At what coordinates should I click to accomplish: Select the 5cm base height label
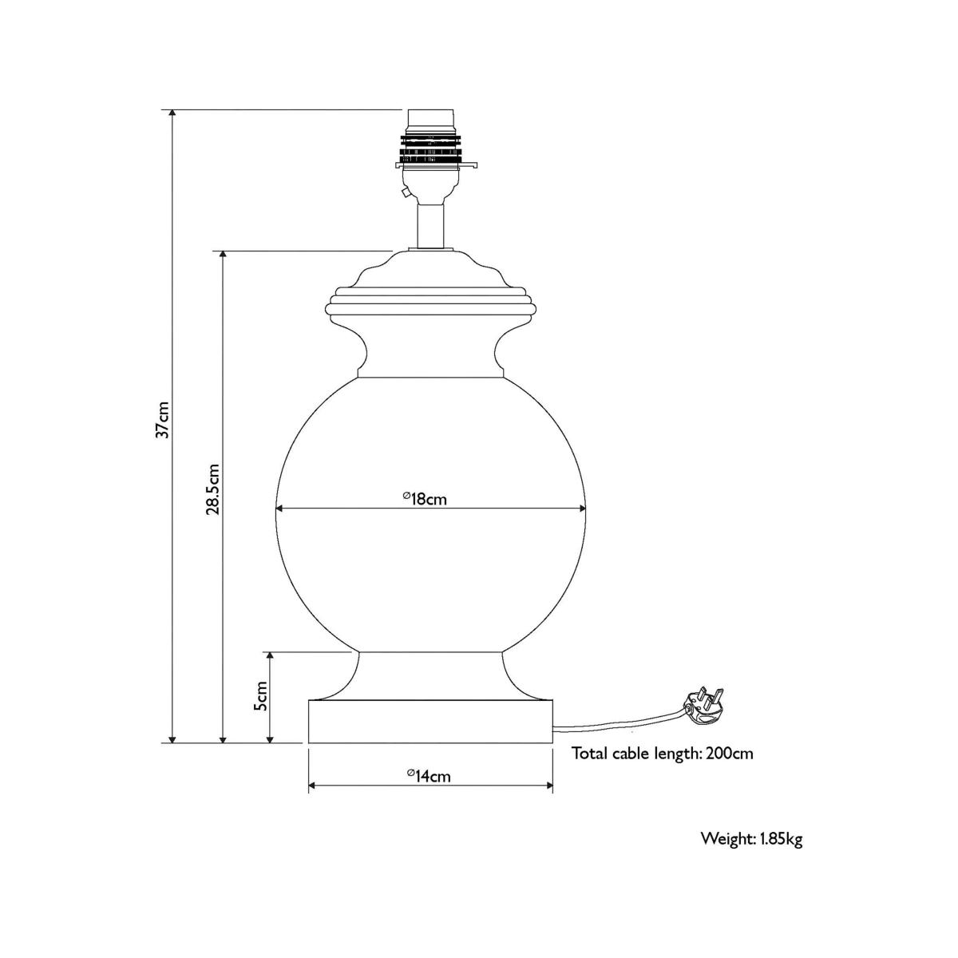(260, 695)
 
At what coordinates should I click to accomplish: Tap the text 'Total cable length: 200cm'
(662, 753)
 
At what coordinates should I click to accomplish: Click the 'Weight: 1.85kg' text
(752, 839)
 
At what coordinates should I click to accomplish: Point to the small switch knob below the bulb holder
(406, 192)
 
